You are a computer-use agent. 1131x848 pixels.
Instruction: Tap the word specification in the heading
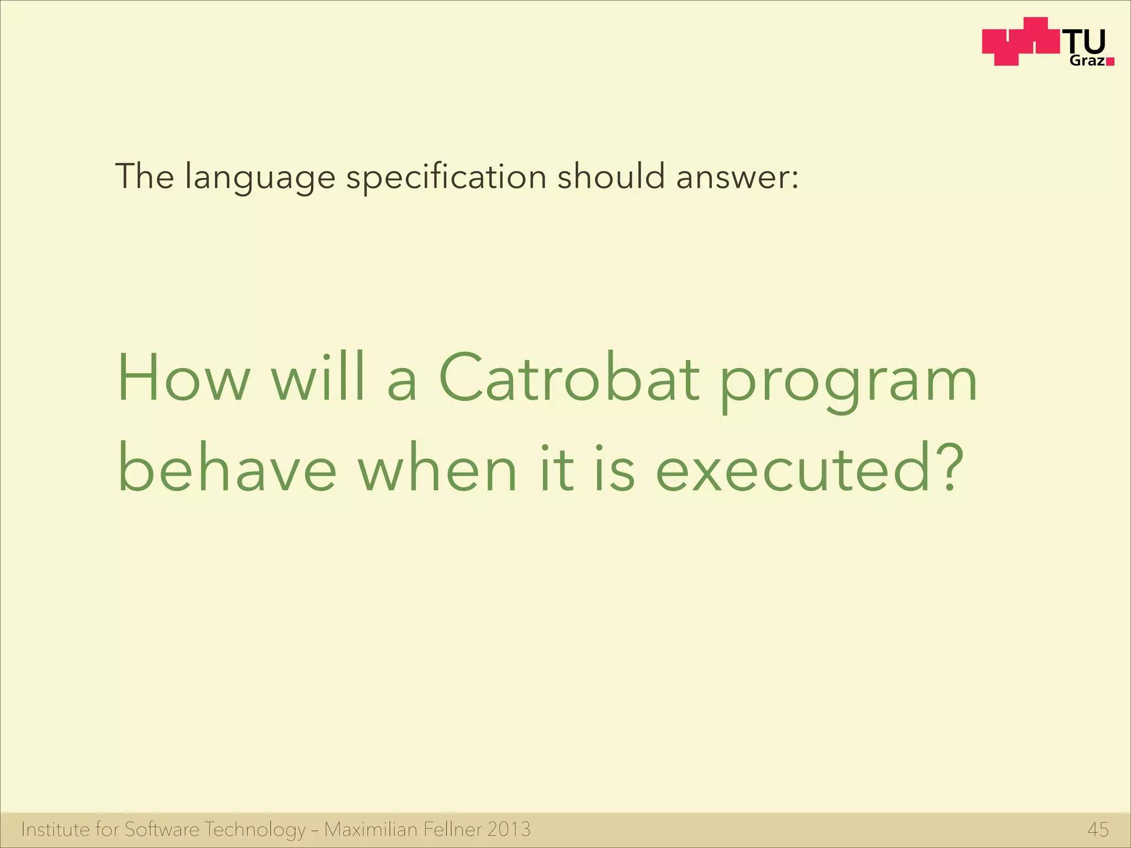pos(446,177)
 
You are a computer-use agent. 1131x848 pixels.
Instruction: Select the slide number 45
pos(1098,829)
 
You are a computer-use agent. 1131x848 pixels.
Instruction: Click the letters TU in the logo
pos(1086,41)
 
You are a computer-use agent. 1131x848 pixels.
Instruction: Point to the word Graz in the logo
pos(1087,61)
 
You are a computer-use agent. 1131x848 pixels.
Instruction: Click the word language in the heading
pos(260,178)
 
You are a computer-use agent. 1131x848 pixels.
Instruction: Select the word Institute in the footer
pos(55,829)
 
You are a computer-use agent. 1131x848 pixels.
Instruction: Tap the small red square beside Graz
pos(1110,62)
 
